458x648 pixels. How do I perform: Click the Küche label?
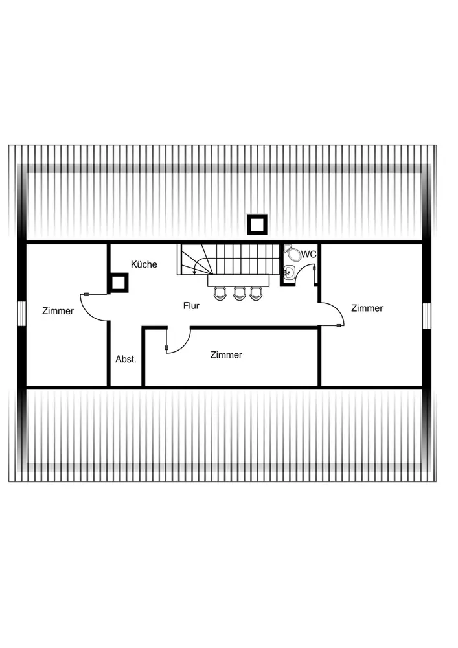[144, 264]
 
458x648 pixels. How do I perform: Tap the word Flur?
[191, 305]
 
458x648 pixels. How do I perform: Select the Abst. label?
[126, 359]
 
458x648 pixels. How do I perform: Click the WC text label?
[309, 254]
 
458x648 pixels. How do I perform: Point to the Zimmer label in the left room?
[58, 311]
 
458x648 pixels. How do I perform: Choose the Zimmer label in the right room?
[367, 308]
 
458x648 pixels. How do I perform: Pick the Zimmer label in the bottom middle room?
[226, 355]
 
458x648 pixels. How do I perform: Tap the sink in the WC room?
[290, 273]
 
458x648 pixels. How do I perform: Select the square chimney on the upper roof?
[257, 225]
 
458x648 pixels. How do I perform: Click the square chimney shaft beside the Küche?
[119, 283]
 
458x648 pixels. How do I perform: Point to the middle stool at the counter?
[240, 294]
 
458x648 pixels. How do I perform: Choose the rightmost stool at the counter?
[257, 294]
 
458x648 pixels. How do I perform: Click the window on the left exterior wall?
[22, 315]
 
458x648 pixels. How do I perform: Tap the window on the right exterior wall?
[427, 316]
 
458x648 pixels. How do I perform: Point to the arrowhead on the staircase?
[195, 272]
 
